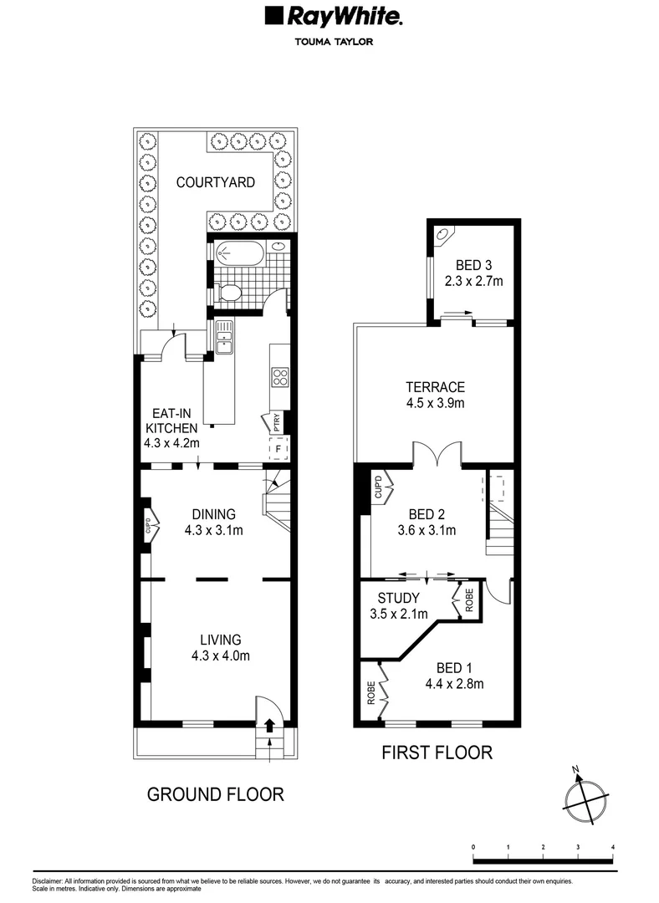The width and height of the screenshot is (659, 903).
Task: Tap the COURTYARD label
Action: (215, 182)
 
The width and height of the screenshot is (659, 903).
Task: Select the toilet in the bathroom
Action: (229, 293)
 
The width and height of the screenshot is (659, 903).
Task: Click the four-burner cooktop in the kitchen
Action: (278, 378)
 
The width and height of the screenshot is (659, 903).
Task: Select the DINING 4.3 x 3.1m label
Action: (214, 522)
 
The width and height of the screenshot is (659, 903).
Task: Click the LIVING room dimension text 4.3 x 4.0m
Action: (221, 656)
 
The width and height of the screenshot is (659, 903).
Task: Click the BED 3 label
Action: (474, 268)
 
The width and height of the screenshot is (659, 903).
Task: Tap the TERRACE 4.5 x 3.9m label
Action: (435, 395)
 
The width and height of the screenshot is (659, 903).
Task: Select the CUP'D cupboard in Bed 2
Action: (377, 487)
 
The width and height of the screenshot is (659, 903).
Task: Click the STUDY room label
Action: (398, 605)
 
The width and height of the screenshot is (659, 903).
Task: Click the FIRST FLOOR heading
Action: (437, 752)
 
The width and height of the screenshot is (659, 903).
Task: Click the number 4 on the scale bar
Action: (613, 847)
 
